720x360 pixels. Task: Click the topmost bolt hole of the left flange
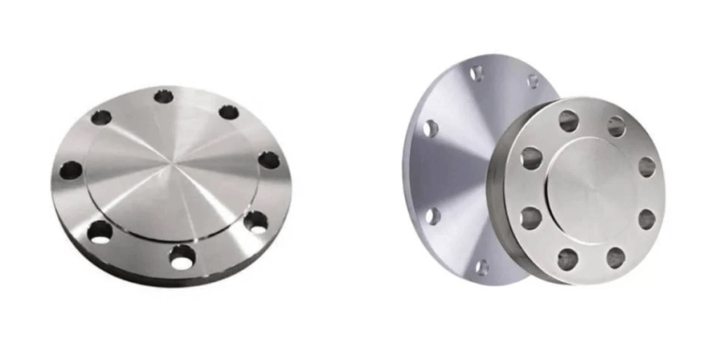click(164, 96)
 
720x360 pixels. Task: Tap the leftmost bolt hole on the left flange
click(70, 170)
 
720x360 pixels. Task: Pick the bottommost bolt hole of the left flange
click(182, 258)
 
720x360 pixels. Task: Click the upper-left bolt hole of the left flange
click(101, 117)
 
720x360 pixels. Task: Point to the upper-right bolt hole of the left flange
click(229, 112)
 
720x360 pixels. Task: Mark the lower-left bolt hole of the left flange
click(101, 231)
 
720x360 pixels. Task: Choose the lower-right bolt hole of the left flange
click(256, 222)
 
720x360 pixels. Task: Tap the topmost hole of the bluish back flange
click(477, 72)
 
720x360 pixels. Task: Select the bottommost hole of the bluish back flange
click(482, 267)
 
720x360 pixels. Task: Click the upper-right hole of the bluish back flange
click(533, 81)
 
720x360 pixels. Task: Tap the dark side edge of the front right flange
click(496, 190)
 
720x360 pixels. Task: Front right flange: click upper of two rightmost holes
click(647, 167)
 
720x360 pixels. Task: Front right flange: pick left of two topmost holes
click(568, 121)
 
